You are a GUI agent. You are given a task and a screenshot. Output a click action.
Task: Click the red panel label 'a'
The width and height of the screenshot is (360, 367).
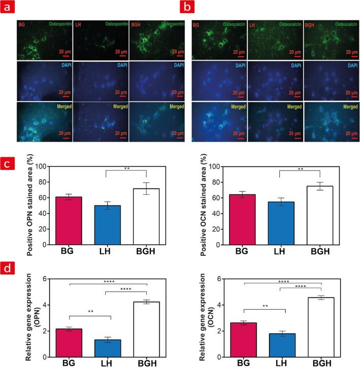(x=8, y=7)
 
